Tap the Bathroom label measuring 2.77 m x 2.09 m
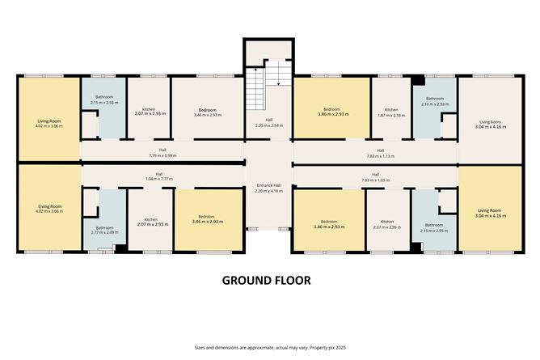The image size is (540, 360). point(104,230)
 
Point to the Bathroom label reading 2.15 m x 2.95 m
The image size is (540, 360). point(434,227)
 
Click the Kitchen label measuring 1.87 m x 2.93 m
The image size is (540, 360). point(391,112)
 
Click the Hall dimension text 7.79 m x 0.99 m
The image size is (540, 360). point(162,155)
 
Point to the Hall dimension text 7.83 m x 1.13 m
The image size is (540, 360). point(375,155)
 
